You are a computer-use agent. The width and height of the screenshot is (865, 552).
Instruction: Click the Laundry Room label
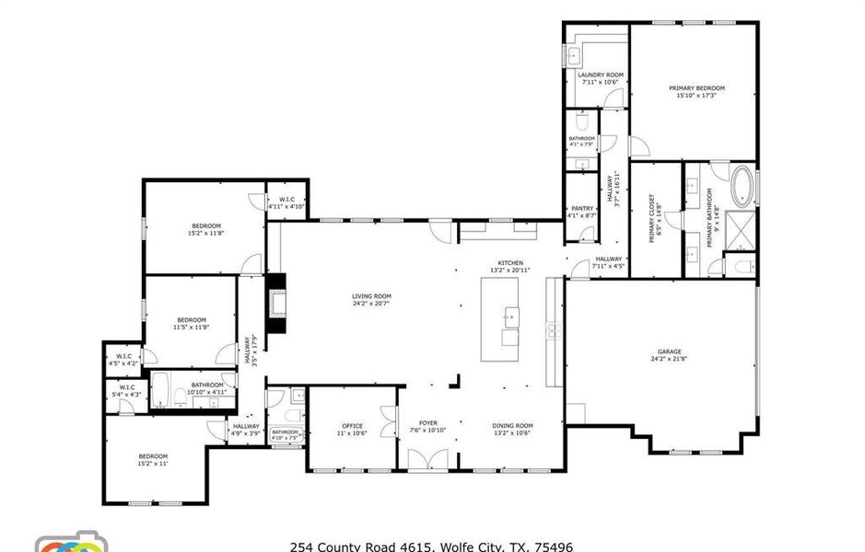point(601,75)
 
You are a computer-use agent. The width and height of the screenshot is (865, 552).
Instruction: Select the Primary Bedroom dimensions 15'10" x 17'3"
point(696,96)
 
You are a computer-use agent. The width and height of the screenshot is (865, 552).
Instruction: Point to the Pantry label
point(582,209)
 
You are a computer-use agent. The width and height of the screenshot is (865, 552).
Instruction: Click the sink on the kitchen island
point(508,318)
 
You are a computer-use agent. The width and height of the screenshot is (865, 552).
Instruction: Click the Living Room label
point(371,296)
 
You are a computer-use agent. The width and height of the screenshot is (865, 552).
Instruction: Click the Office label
point(352,426)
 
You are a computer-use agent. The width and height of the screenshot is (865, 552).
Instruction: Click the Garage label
point(669,351)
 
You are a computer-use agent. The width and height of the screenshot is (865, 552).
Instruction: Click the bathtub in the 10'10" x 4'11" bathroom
point(160,392)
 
